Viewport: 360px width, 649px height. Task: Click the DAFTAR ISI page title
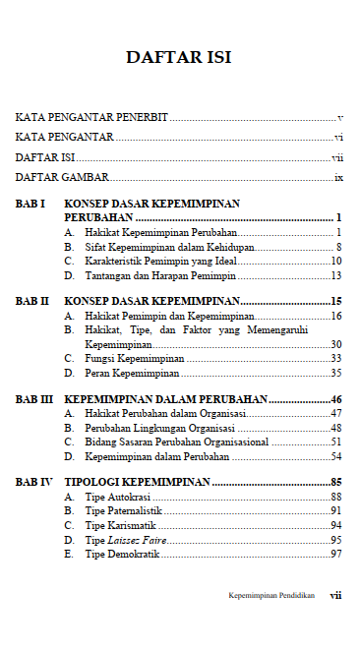coord(179,57)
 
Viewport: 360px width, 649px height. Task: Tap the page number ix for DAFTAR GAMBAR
coord(337,178)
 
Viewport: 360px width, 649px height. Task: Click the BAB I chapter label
coord(30,204)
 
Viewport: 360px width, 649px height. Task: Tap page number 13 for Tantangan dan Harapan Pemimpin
coord(335,276)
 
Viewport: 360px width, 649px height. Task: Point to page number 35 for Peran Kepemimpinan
coord(335,374)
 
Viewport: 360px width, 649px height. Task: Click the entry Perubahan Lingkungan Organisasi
coord(158,429)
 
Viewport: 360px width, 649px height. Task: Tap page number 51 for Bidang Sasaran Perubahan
coord(335,442)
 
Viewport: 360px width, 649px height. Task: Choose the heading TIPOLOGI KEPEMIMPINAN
coord(137,483)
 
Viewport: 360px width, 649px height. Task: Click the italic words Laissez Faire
coord(139,541)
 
